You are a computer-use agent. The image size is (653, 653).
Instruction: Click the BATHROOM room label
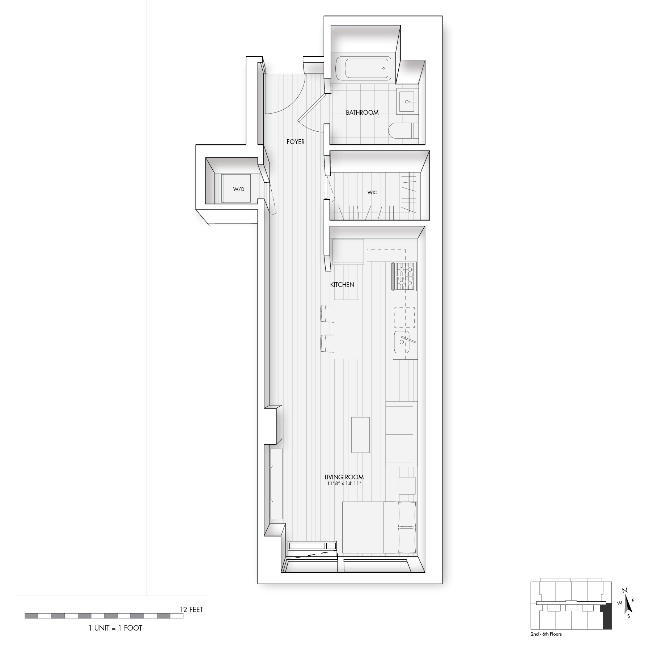[362, 113]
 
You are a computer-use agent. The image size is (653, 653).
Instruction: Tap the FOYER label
[296, 142]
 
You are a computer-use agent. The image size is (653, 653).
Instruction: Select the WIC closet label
[372, 192]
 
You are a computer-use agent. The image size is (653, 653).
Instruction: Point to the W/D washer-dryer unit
[236, 188]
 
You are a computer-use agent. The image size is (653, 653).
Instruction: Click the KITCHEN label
[342, 285]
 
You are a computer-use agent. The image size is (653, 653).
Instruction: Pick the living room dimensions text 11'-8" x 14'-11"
[344, 483]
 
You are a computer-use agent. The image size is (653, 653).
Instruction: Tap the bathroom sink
[407, 102]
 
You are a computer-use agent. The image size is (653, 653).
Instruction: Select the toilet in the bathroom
[403, 131]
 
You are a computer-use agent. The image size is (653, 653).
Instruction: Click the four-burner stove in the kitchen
[404, 276]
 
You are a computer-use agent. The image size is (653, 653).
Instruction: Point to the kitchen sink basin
[402, 342]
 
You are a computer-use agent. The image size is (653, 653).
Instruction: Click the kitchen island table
[346, 329]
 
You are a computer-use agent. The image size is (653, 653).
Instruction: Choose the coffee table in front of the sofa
[361, 435]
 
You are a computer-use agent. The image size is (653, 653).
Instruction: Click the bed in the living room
[379, 527]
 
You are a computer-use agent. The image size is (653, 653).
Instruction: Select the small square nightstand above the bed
[407, 485]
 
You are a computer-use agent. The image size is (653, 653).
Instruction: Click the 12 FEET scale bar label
[191, 610]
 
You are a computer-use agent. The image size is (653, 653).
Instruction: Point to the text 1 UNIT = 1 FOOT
[115, 628]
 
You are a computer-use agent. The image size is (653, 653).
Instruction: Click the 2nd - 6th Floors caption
[546, 634]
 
